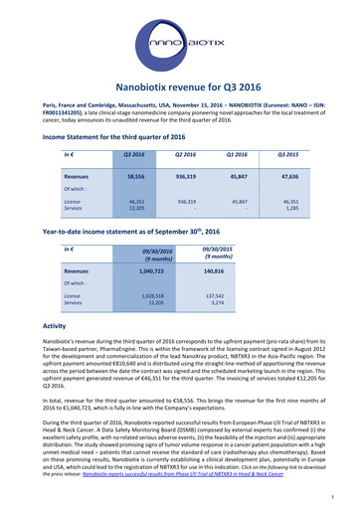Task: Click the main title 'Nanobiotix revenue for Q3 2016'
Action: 180,88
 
